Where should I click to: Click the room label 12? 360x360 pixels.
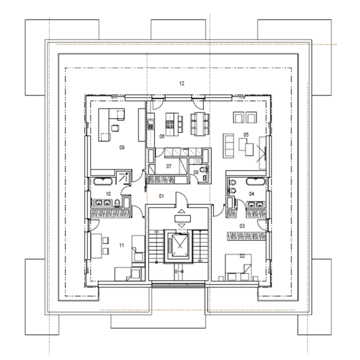click(x=181, y=83)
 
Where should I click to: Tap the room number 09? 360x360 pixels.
click(x=122, y=148)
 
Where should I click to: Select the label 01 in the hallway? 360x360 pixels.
click(x=162, y=196)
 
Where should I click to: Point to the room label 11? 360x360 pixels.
click(x=121, y=245)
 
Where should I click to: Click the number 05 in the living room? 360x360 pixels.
click(x=246, y=135)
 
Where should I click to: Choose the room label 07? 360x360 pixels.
click(x=169, y=166)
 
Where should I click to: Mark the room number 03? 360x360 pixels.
click(x=242, y=226)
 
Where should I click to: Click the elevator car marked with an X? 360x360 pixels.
click(x=180, y=245)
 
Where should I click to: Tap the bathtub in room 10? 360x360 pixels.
click(x=103, y=181)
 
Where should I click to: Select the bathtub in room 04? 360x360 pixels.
click(x=256, y=181)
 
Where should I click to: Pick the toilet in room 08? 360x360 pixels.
click(x=203, y=170)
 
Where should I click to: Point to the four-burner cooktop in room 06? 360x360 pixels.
click(x=170, y=125)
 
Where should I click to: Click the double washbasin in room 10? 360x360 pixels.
click(x=103, y=203)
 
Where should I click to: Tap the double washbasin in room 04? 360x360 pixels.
click(x=256, y=204)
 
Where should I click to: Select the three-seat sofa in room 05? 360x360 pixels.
click(x=228, y=146)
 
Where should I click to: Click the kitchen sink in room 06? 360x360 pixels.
click(x=150, y=125)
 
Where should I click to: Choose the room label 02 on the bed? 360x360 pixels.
click(x=242, y=256)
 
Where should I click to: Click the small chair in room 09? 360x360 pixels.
click(x=115, y=128)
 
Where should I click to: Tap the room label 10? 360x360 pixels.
click(x=108, y=194)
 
